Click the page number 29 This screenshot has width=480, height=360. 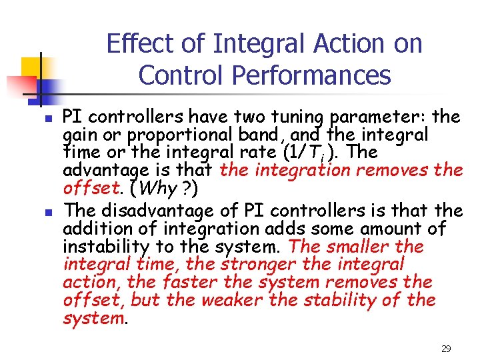pyautogui.click(x=447, y=349)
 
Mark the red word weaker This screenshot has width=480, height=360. pyautogui.click(x=231, y=301)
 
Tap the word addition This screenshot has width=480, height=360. pyautogui.click(x=91, y=229)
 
